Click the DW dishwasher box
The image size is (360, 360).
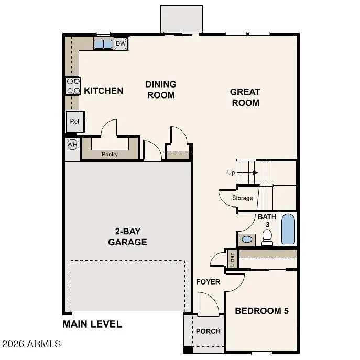click(121, 43)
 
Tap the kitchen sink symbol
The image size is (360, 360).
click(103, 44)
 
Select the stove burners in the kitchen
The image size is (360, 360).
click(73, 86)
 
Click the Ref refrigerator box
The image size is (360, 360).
click(75, 122)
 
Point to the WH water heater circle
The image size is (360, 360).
click(72, 144)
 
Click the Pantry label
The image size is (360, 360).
click(110, 154)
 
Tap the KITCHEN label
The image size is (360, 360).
click(104, 91)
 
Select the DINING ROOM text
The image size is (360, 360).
click(161, 90)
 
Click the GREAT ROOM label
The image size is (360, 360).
click(245, 97)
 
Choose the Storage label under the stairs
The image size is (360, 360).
click(242, 198)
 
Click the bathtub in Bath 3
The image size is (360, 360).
click(288, 229)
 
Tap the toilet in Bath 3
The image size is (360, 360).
click(267, 238)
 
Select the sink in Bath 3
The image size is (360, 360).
click(247, 239)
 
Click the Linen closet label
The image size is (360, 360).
click(232, 259)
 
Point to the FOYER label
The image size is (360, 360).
click(208, 282)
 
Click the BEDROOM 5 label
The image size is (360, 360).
click(261, 311)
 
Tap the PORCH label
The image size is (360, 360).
click(208, 331)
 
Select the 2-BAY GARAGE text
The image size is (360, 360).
click(127, 237)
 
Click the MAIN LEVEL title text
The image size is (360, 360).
click(92, 324)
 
